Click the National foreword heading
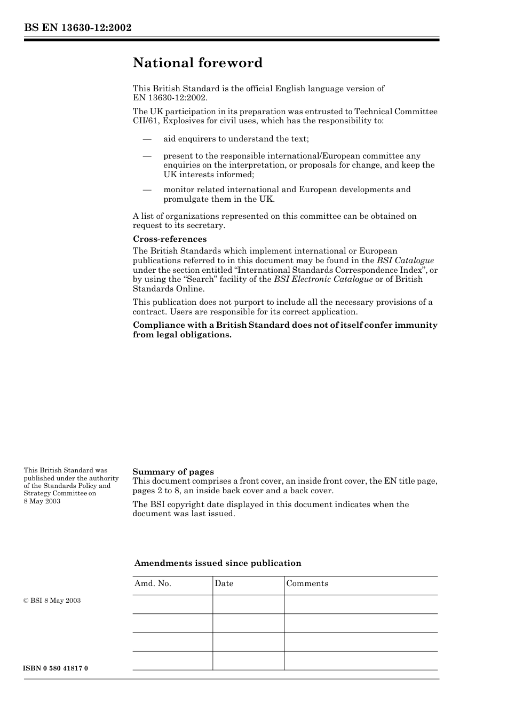pos(197,63)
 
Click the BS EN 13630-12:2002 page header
pos(77,28)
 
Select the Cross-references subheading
pos(170,239)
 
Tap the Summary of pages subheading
pos(173,472)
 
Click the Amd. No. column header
pos(153,583)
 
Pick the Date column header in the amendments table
pos(224,583)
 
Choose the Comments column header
pos(307,583)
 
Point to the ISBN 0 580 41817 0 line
pos(56,668)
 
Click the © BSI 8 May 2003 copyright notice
pos(52,601)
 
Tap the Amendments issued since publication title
pos(218,563)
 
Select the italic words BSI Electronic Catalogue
pos(323,279)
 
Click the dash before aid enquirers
pos(147,139)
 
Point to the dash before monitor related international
pos(147,190)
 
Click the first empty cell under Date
pos(248,604)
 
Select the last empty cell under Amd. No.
pos(172,661)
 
